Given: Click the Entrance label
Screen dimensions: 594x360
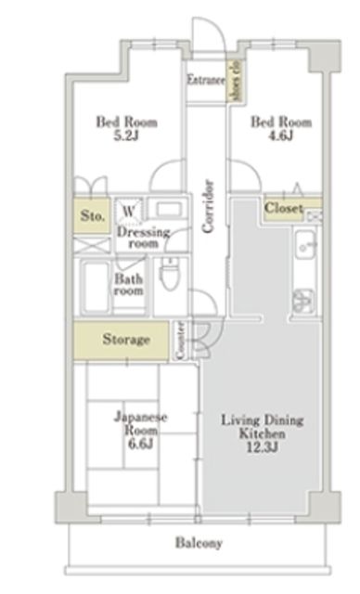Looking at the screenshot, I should pos(205,81).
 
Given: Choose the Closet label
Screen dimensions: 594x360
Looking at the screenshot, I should pos(283,208).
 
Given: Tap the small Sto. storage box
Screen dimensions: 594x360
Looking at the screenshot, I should pos(91,216).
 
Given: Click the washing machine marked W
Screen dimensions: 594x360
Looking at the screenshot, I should pos(131,210).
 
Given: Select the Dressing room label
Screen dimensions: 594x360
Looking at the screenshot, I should pos(143,238).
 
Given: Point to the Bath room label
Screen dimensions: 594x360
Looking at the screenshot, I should pos(129,284).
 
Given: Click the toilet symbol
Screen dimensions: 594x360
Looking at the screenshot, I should pos(169,276).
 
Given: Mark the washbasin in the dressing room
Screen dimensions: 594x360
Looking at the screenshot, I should pos(168,210).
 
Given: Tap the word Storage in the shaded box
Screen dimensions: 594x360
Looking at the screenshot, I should pos(126,340).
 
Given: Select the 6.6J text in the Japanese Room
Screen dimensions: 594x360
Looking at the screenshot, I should pos(140,444).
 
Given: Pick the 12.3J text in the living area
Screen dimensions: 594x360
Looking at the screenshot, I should pos(263,448).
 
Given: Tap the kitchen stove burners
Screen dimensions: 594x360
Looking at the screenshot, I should pos(304,300).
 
